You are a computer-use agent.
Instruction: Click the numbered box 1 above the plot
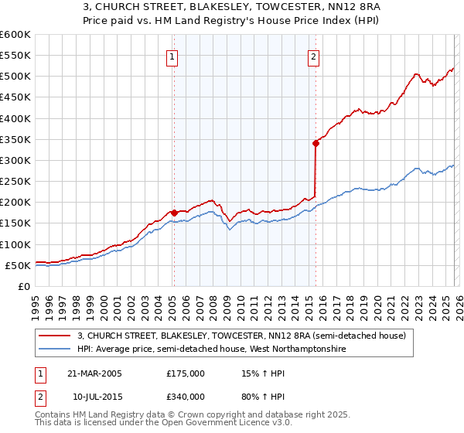coord(171,56)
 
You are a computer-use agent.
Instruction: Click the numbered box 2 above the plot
coord(314,56)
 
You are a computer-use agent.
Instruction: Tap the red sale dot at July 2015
coord(316,143)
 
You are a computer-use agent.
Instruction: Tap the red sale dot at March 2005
coord(174,213)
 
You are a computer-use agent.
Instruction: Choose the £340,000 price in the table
coord(186,397)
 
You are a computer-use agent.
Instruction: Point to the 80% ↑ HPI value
coord(258,397)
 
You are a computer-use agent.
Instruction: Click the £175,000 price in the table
coord(186,373)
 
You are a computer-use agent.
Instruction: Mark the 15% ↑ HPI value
coord(258,373)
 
